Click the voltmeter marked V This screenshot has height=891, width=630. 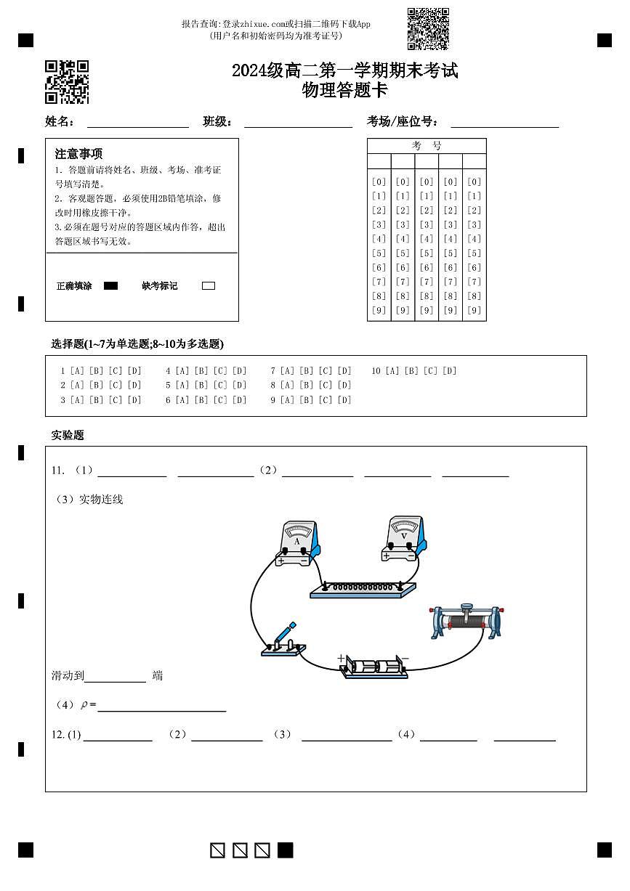(x=404, y=538)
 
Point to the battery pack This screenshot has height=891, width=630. (x=375, y=667)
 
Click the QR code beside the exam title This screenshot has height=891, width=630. (x=67, y=82)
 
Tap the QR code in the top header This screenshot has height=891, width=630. (x=428, y=29)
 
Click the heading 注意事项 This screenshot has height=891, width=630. (x=78, y=154)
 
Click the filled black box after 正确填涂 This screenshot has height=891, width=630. (x=110, y=286)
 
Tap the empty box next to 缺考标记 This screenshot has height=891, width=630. (x=209, y=286)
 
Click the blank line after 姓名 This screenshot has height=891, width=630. (x=138, y=122)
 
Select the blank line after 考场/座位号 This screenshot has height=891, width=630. (x=504, y=122)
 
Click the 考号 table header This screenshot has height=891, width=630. (x=427, y=146)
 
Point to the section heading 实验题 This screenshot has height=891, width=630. (x=68, y=436)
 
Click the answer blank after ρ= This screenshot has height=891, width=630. (x=161, y=705)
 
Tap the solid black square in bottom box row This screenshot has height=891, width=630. (x=286, y=850)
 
